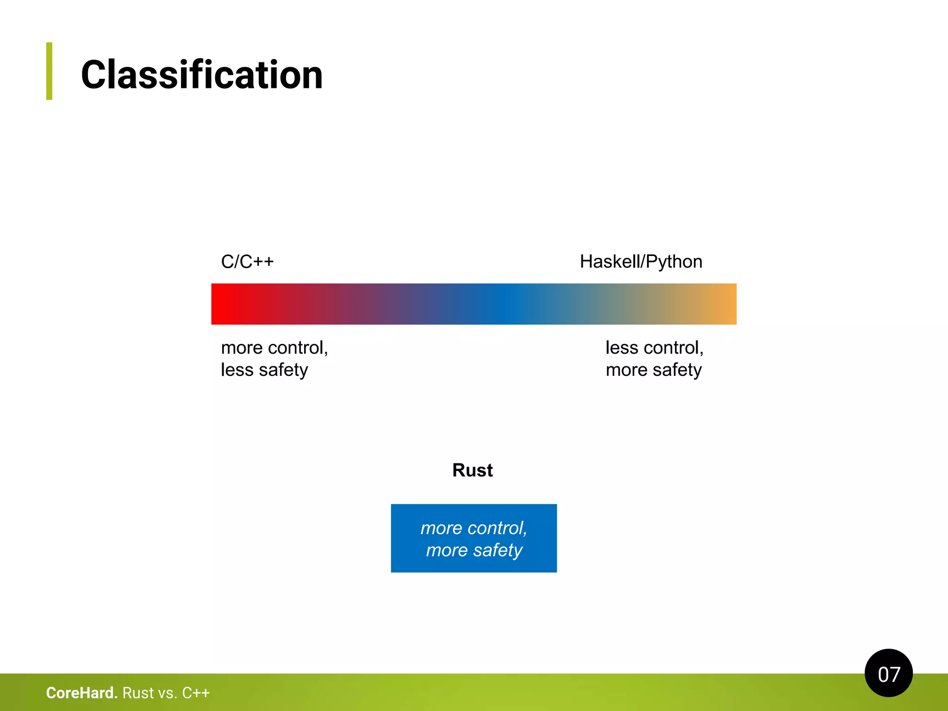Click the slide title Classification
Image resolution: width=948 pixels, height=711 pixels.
[x=201, y=75]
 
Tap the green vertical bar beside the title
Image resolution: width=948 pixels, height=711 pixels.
[x=49, y=71]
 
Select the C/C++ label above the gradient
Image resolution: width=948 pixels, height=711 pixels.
[x=247, y=262]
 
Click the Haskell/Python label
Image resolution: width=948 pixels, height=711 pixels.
[x=641, y=262]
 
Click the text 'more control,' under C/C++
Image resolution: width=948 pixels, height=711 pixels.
[x=274, y=348]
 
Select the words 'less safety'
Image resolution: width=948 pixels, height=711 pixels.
[x=264, y=370]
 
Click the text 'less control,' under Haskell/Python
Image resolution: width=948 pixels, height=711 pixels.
[x=654, y=348]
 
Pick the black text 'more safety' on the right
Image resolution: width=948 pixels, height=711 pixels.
[x=654, y=370]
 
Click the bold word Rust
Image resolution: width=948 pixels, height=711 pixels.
[x=472, y=470]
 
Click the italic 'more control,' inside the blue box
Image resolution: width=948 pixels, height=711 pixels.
[x=474, y=528]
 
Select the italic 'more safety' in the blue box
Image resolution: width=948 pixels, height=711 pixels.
[x=474, y=550]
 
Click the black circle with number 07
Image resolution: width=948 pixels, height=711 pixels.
[x=888, y=673]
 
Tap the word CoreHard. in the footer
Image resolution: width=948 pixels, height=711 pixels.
[x=82, y=693]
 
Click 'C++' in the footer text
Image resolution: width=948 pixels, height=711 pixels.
[x=196, y=693]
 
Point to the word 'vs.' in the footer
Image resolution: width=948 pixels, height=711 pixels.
[x=168, y=693]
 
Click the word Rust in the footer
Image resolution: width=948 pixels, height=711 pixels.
[x=138, y=693]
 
